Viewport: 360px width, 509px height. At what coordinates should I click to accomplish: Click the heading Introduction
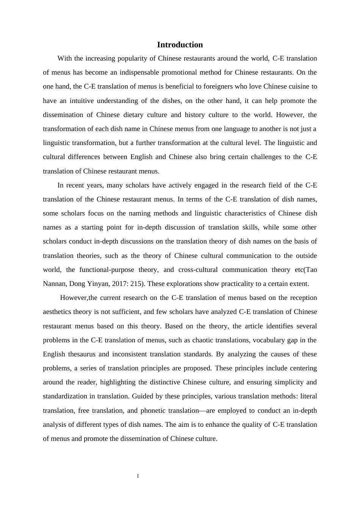[x=180, y=45]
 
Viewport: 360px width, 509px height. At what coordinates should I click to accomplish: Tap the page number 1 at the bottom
[x=138, y=476]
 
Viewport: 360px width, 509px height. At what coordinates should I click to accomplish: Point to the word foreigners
[x=219, y=86]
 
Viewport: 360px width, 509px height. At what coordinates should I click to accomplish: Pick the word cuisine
[x=298, y=86]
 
